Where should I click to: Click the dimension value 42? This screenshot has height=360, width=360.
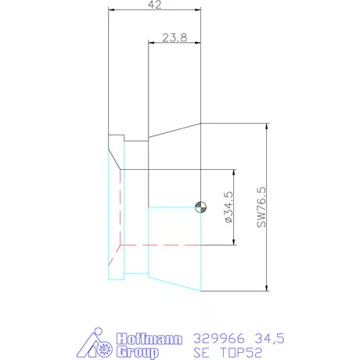coord(154,5)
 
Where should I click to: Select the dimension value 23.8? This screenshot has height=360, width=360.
coord(175,38)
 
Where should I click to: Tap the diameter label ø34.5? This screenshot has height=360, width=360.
coord(229,207)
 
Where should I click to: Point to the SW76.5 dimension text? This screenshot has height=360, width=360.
coord(261,207)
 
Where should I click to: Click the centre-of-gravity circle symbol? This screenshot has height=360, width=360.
coord(201,207)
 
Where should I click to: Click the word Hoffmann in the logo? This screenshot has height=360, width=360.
coord(149,339)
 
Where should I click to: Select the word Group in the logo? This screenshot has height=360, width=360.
coord(138,352)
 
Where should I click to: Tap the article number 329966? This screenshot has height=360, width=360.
coord(219,339)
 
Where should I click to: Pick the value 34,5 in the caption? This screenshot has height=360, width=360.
coord(269,339)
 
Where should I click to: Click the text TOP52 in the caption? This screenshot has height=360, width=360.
coord(241,352)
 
